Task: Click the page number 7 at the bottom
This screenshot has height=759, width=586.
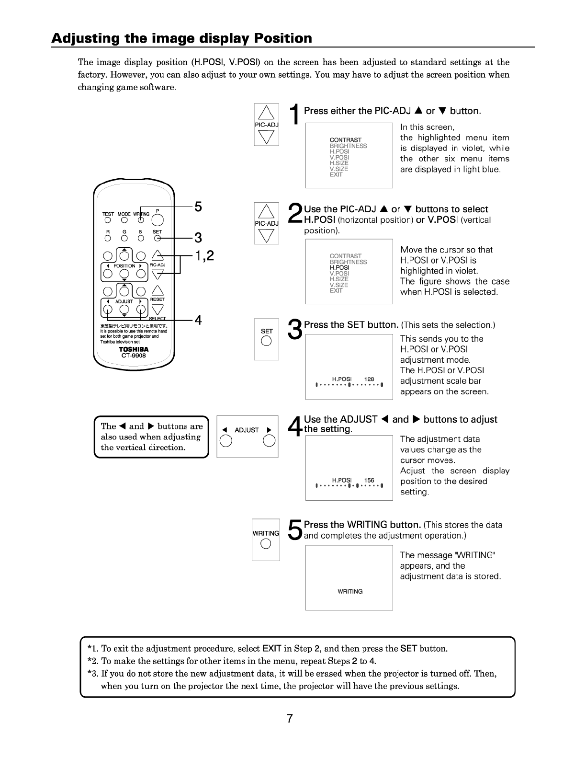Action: [x=290, y=718]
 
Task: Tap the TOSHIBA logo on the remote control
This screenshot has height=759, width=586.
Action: [x=134, y=349]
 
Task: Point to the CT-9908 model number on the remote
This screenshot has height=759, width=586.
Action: [x=134, y=356]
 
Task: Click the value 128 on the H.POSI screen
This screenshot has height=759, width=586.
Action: [x=369, y=379]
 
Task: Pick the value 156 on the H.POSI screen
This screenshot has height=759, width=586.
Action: [x=369, y=480]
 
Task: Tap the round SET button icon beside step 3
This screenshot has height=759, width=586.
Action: [x=267, y=341]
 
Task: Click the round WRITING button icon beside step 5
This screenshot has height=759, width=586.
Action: [x=266, y=544]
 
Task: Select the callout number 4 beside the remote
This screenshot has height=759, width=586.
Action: [x=198, y=320]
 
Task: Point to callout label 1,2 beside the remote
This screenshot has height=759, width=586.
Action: [x=204, y=256]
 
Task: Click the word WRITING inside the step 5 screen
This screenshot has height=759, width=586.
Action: [x=350, y=592]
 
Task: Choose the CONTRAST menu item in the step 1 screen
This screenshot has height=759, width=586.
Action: [x=345, y=140]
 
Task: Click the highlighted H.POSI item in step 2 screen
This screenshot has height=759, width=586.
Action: [x=339, y=267]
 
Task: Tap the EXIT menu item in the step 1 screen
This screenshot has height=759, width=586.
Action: [x=336, y=175]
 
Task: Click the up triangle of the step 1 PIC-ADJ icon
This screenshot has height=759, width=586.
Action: [x=267, y=113]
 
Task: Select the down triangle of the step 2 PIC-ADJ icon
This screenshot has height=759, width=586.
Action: [x=267, y=235]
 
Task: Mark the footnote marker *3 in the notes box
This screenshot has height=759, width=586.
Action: [x=93, y=674]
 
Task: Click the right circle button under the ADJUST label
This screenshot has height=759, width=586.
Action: [x=269, y=441]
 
